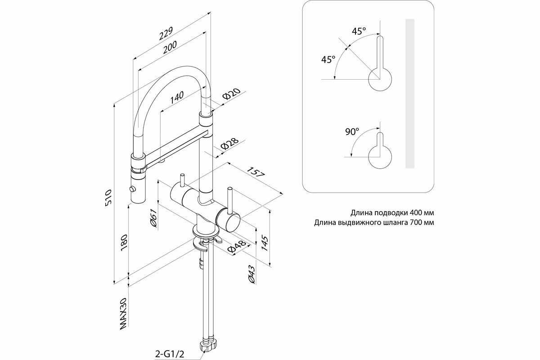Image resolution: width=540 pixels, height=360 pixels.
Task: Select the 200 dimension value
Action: (x=170, y=47)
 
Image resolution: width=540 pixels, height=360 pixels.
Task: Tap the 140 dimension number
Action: (x=177, y=95)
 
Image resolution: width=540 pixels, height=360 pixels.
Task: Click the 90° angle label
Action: (x=352, y=132)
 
